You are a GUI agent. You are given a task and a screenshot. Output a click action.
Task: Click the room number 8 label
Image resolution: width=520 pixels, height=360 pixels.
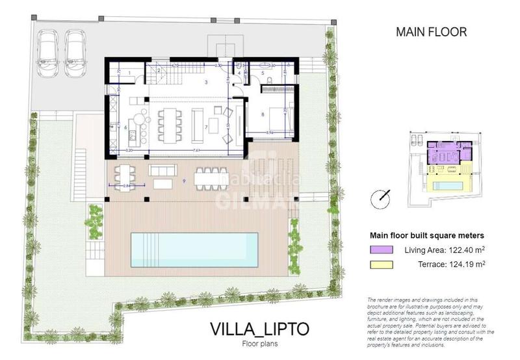pos(262,114)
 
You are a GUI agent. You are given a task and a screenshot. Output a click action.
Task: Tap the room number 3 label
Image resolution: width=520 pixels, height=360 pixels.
pos(205,83)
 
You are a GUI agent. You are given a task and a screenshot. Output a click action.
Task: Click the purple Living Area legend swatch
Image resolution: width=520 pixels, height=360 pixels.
pos(379,249)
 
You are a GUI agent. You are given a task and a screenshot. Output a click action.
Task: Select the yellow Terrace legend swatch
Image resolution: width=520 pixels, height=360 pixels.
pos(379,264)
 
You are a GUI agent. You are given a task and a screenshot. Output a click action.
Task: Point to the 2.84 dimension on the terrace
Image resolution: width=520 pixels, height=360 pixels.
pos(128,186)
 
